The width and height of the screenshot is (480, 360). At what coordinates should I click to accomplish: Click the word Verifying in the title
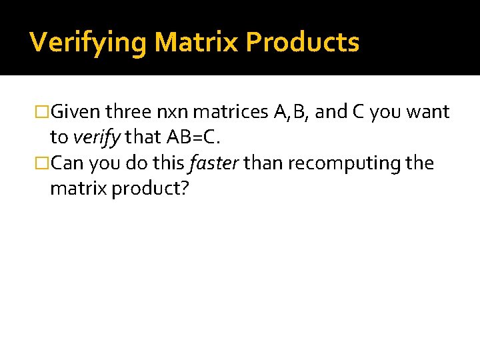[89, 43]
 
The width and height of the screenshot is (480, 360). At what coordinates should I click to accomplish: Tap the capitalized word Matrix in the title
[196, 43]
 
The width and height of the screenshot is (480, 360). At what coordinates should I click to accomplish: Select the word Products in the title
[303, 43]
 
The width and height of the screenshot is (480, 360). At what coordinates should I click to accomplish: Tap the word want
[427, 112]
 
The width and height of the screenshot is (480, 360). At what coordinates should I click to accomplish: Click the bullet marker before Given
[42, 112]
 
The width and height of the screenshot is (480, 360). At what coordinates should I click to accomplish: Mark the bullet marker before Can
[42, 163]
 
